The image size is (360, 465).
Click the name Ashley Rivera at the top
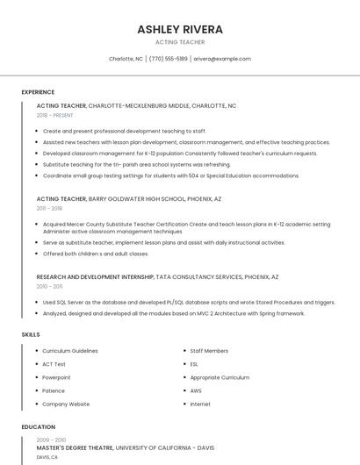point(180,29)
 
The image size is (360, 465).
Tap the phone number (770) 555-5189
point(169,59)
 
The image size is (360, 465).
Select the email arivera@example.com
point(222,59)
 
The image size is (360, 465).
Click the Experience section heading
point(38,92)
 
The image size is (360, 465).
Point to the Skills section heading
point(31,334)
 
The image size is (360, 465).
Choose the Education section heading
point(38,427)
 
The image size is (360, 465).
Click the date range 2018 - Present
point(55,115)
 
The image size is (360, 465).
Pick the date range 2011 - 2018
point(49,209)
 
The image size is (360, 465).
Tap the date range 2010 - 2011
point(49,286)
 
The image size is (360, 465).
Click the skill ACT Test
point(54,364)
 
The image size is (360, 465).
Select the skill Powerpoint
point(56,377)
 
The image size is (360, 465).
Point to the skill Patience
point(54,390)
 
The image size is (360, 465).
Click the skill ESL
point(194,364)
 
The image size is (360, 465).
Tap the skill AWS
point(196,390)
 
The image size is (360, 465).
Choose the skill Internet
point(200,404)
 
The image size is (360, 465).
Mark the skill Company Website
point(66,404)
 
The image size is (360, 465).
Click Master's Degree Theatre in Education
point(75,447)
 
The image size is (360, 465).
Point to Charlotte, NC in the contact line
point(126,59)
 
